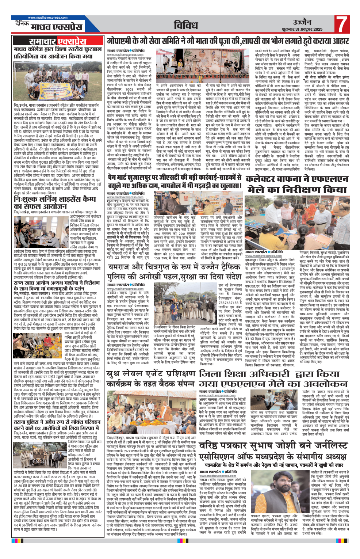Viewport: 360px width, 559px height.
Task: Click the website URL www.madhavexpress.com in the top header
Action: [48, 18]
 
